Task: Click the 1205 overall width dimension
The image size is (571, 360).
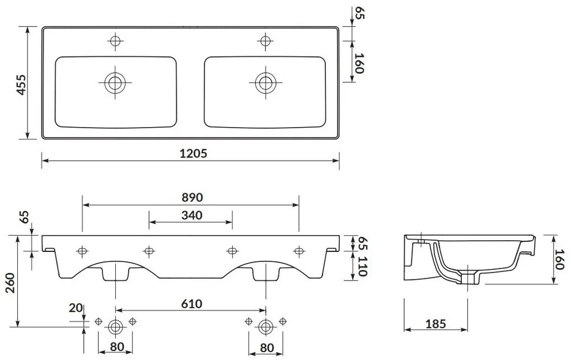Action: pos(190,153)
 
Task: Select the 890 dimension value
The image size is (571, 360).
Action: pos(190,197)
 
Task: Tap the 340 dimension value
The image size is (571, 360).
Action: pos(190,214)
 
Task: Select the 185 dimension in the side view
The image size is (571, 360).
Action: pos(435,323)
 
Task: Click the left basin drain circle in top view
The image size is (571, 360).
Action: pos(115,83)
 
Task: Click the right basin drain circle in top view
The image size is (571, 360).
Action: pos(265,83)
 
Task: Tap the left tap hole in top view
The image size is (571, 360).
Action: pos(115,40)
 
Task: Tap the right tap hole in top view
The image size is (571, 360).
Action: pos(265,40)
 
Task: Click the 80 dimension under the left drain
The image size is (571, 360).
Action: pos(116,348)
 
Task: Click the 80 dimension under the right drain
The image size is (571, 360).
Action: pos(266,348)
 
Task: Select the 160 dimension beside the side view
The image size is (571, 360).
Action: pos(559,259)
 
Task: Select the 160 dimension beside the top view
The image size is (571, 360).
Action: pos(360,63)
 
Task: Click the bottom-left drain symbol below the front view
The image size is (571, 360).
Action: pos(116,325)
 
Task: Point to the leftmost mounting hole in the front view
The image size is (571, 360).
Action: pos(82,250)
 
